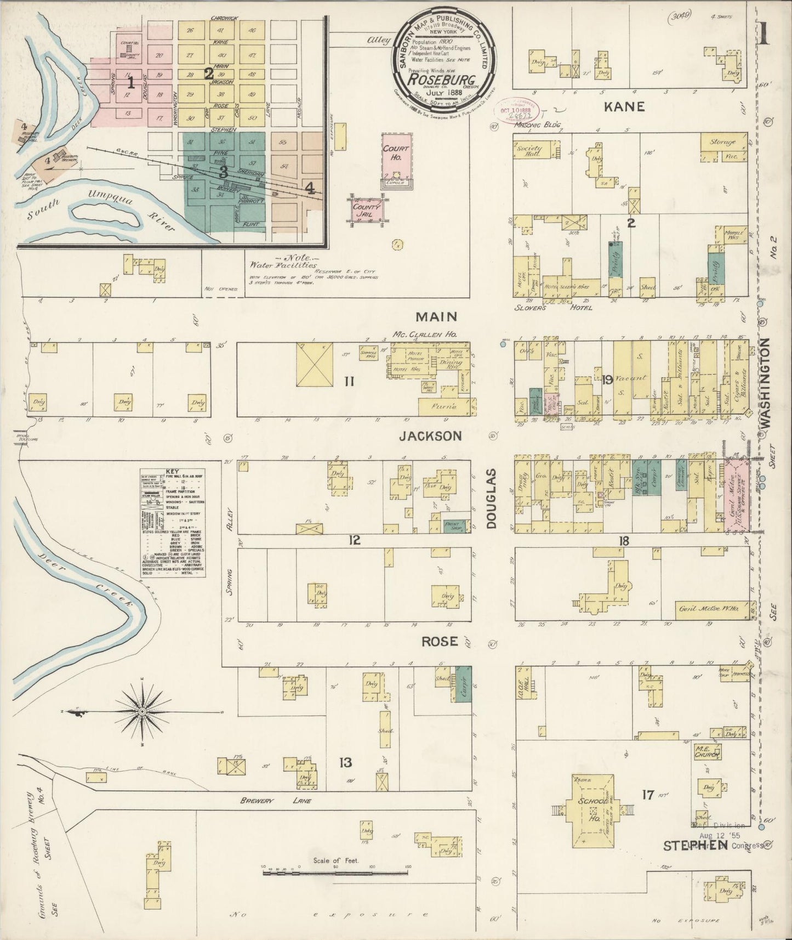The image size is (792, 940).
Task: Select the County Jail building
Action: coord(366,211)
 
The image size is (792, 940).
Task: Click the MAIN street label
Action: coord(436,316)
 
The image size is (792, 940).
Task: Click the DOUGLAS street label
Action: coord(491,499)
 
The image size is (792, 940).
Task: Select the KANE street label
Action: coord(624,106)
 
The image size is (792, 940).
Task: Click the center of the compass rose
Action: coord(142,712)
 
